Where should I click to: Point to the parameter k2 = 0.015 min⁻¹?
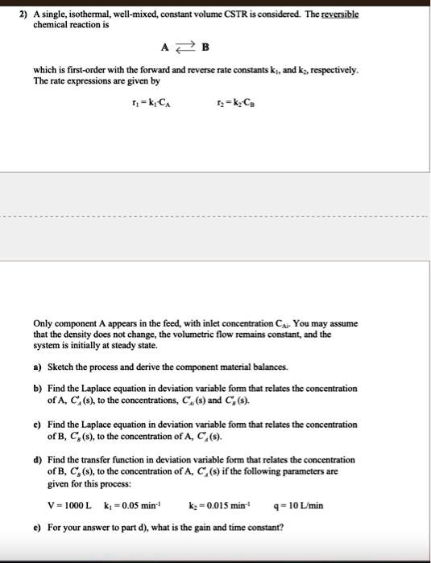point(229,506)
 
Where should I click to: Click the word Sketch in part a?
point(61,366)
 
